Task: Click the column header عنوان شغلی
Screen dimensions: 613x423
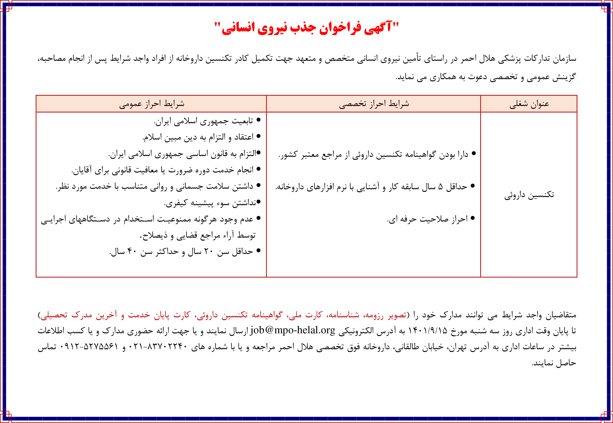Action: click(x=529, y=104)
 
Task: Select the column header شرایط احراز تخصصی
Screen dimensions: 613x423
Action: click(x=374, y=104)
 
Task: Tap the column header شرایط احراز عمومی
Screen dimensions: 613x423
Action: click(x=152, y=104)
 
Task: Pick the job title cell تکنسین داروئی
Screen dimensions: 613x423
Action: click(x=529, y=195)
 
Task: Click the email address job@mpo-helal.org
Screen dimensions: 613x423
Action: click(x=293, y=331)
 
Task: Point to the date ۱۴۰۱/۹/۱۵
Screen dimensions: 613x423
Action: click(x=427, y=331)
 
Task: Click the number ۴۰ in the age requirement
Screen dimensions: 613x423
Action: click(x=132, y=251)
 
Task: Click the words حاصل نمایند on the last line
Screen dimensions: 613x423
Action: click(x=554, y=363)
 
